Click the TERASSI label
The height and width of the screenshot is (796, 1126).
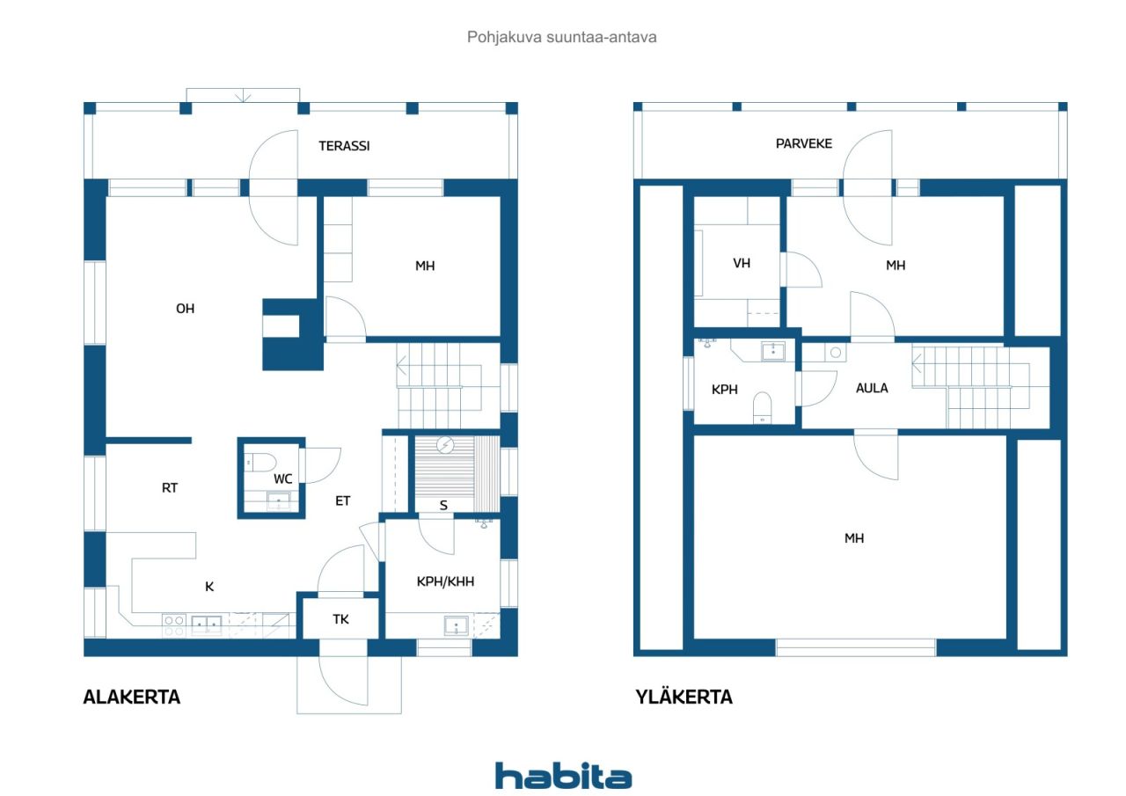click(x=344, y=146)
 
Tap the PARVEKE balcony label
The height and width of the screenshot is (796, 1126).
click(x=804, y=144)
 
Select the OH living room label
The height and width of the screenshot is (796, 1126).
click(x=185, y=309)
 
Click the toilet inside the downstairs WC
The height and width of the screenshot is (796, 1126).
click(x=260, y=463)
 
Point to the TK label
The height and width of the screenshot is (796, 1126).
click(x=340, y=619)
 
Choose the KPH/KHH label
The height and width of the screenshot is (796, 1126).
click(x=445, y=582)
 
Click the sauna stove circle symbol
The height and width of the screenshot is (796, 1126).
click(x=445, y=445)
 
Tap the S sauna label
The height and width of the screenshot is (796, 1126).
click(x=443, y=506)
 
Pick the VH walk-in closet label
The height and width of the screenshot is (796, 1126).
click(x=742, y=263)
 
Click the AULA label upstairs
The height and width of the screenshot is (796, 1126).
click(x=872, y=388)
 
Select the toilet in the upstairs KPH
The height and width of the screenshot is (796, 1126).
click(x=763, y=407)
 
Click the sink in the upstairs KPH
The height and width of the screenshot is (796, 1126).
click(x=773, y=351)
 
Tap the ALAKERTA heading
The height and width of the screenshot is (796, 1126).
click(x=132, y=697)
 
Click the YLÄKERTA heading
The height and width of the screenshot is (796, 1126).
click(x=684, y=697)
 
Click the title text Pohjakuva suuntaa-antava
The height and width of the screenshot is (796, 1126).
click(x=561, y=37)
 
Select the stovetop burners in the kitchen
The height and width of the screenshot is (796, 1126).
click(x=174, y=626)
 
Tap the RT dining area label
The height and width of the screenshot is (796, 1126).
click(x=170, y=488)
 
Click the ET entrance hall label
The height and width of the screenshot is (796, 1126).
click(x=342, y=501)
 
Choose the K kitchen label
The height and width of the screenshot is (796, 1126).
click(x=209, y=587)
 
